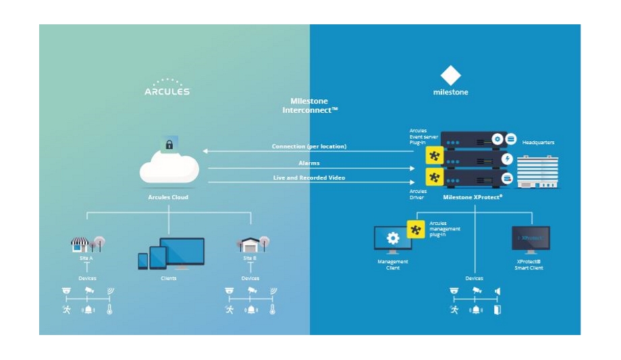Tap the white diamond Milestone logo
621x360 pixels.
tap(450, 74)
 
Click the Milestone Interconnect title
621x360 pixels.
tap(310, 105)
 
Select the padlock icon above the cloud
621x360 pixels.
tap(168, 143)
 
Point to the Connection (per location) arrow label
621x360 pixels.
tap(309, 147)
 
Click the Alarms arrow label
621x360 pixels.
tap(309, 163)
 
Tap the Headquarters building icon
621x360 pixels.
tap(537, 172)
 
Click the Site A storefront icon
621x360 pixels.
tap(80, 245)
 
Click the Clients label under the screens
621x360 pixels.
tap(169, 278)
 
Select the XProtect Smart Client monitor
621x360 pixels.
tap(531, 240)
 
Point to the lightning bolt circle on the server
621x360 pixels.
tap(507, 159)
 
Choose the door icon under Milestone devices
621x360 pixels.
tap(498, 310)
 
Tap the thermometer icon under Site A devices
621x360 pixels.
tap(108, 310)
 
